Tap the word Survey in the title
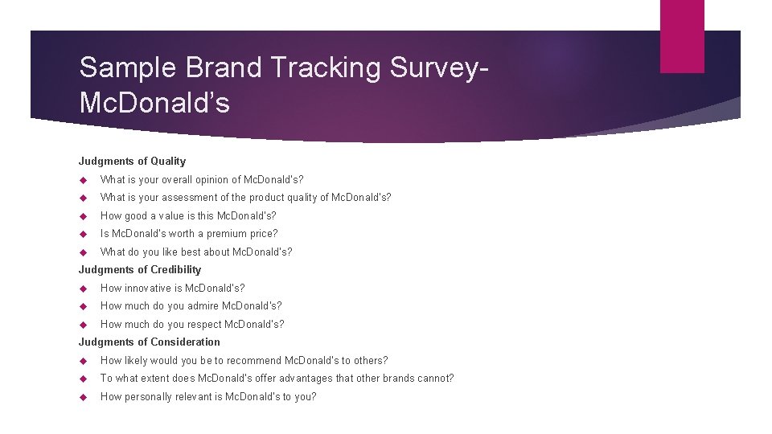point(433,68)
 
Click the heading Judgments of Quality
point(132,161)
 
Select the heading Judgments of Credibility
point(140,269)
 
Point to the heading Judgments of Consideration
point(149,342)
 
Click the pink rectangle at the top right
point(682,36)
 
